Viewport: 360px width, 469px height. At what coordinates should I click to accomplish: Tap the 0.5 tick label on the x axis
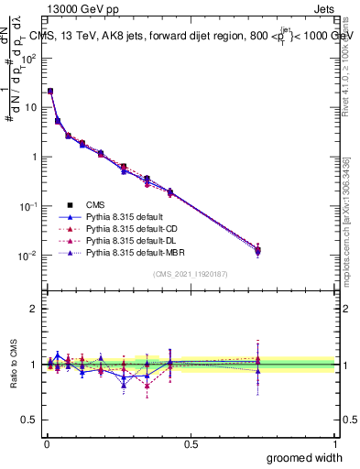pyautogui.click(x=191, y=442)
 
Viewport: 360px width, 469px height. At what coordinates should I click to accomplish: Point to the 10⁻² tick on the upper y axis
pyautogui.click(x=27, y=255)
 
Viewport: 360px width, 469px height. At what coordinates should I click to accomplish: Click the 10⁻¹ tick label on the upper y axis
pyautogui.click(x=27, y=205)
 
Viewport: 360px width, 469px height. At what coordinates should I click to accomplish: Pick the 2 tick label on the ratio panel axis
pyautogui.click(x=32, y=309)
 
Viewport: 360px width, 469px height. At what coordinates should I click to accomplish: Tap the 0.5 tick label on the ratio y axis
pyautogui.click(x=27, y=420)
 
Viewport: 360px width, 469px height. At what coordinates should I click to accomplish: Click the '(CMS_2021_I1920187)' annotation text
pyautogui.click(x=189, y=274)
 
